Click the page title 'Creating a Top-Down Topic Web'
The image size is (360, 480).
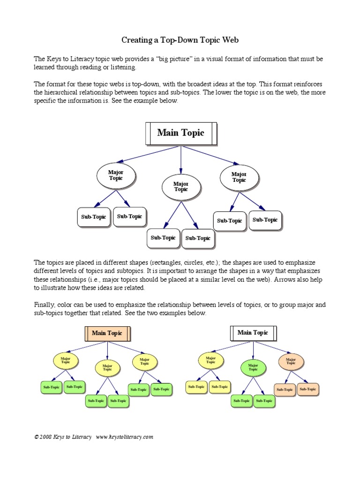180,40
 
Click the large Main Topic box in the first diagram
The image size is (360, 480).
181,133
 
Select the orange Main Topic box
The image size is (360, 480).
107,333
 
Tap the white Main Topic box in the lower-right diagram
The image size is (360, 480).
253,333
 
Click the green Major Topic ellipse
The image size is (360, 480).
253,367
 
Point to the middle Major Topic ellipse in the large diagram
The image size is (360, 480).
181,187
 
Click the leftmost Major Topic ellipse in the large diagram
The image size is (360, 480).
116,176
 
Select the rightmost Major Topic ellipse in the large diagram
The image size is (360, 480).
239,177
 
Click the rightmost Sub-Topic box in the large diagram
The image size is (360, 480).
265,220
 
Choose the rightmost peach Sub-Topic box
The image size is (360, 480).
307,389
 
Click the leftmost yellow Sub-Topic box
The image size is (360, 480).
196,387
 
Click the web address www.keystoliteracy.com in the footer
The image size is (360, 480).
125,437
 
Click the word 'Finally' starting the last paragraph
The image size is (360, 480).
44,305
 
